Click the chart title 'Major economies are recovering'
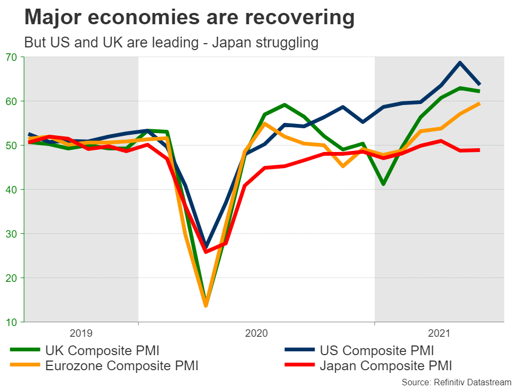pyautogui.click(x=189, y=18)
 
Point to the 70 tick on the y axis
pyautogui.click(x=12, y=57)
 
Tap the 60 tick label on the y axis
pyautogui.click(x=12, y=101)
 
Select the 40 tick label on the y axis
pyautogui.click(x=12, y=190)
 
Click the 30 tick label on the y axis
pyautogui.click(x=12, y=234)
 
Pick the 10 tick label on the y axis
pyautogui.click(x=12, y=322)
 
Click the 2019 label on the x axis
pyautogui.click(x=81, y=334)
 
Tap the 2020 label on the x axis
pyautogui.click(x=256, y=334)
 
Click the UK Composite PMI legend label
pyautogui.click(x=102, y=351)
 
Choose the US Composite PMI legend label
pyautogui.click(x=377, y=351)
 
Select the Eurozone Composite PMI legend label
pyautogui.click(x=121, y=366)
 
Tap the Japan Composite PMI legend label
pyautogui.click(x=385, y=366)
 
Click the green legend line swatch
pyautogui.click(x=25, y=351)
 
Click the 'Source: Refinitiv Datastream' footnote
pyautogui.click(x=456, y=382)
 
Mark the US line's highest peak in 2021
pyautogui.click(x=460, y=63)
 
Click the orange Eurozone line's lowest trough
pyautogui.click(x=206, y=306)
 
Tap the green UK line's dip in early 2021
pyautogui.click(x=384, y=184)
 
